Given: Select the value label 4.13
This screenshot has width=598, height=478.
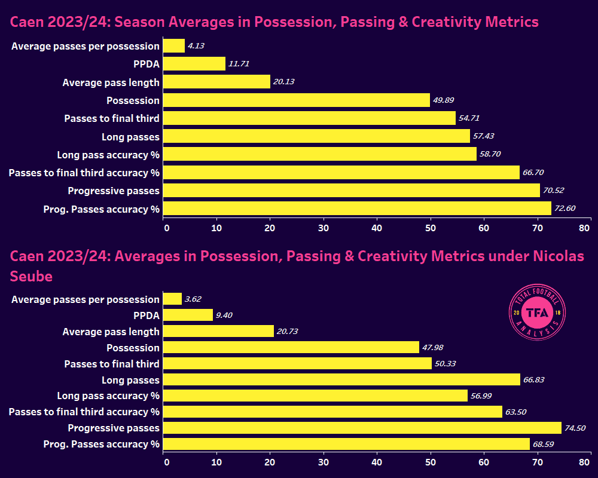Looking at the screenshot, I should coord(196,46).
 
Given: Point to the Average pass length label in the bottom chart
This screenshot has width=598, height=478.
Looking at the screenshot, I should coord(111,332).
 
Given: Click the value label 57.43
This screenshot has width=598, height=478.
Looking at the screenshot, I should coord(485,137).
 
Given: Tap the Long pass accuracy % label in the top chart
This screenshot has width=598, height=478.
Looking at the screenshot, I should coord(108,155).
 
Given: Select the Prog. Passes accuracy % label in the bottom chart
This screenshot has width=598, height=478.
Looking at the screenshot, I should coord(102,444).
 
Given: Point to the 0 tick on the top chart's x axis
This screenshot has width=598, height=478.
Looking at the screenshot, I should coord(166,228).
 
